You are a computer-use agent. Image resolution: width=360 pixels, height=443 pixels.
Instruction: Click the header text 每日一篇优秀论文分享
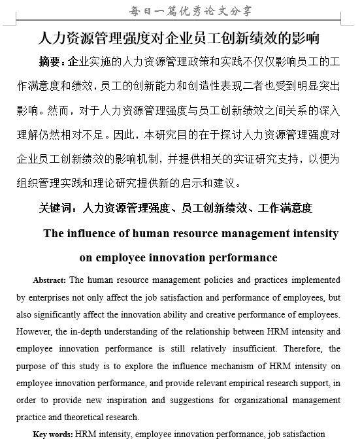pos(180,10)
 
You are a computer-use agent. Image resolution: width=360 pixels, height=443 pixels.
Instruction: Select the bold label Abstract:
pos(50,280)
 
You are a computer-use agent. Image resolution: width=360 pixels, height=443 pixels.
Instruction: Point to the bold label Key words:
pos(54,433)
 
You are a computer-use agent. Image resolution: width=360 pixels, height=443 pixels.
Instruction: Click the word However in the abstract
pos(33,331)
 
